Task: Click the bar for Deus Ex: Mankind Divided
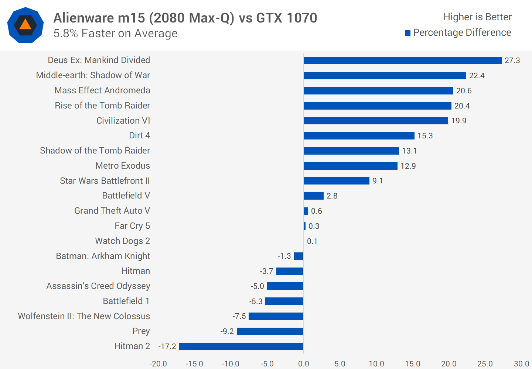coord(402,61)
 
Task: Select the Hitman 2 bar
coord(241,346)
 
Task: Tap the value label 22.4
coord(477,76)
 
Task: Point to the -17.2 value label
coord(167,346)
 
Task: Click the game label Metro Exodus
coord(123,166)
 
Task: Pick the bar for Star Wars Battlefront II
coord(336,181)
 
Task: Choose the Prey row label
coord(141,331)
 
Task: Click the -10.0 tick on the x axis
coord(231,364)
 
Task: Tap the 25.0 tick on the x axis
coord(485,364)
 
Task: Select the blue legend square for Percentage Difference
coord(408,33)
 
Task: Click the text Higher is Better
coord(477,17)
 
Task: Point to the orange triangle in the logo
coord(25,25)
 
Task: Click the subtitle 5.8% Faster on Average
coord(115,34)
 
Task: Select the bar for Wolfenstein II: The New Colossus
coord(276,316)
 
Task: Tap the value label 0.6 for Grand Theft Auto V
coord(316,211)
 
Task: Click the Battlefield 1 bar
coord(284,301)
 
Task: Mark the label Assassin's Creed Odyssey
coord(98,286)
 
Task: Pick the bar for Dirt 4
coord(359,136)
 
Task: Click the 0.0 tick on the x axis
coord(303,364)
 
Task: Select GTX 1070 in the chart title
coord(286,18)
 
